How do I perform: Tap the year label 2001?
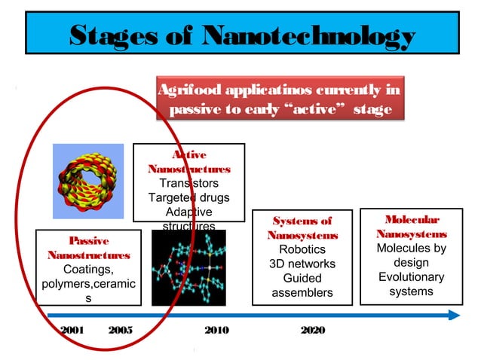72,331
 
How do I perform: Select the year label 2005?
121,331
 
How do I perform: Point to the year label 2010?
217,331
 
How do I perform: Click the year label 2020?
312,331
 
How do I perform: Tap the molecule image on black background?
188,268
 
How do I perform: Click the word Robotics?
302,249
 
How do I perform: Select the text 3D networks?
302,264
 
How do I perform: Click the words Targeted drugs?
188,197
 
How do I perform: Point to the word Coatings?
88,270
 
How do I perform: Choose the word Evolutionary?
411,277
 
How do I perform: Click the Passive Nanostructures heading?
88,248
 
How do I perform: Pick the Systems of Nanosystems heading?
302,228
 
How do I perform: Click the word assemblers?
302,292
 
